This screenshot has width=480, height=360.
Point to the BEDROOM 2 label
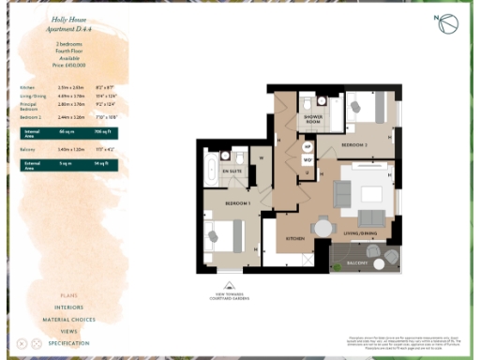353,146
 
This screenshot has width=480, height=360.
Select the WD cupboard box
307,160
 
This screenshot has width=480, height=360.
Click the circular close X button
37,344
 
